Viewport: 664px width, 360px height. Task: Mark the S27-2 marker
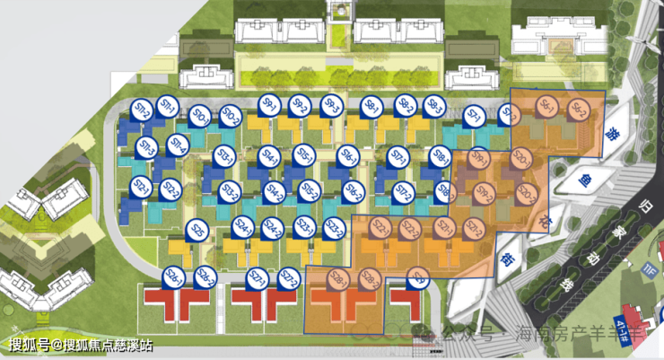coord(287,277)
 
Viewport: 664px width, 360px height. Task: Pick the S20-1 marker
coord(520,160)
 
